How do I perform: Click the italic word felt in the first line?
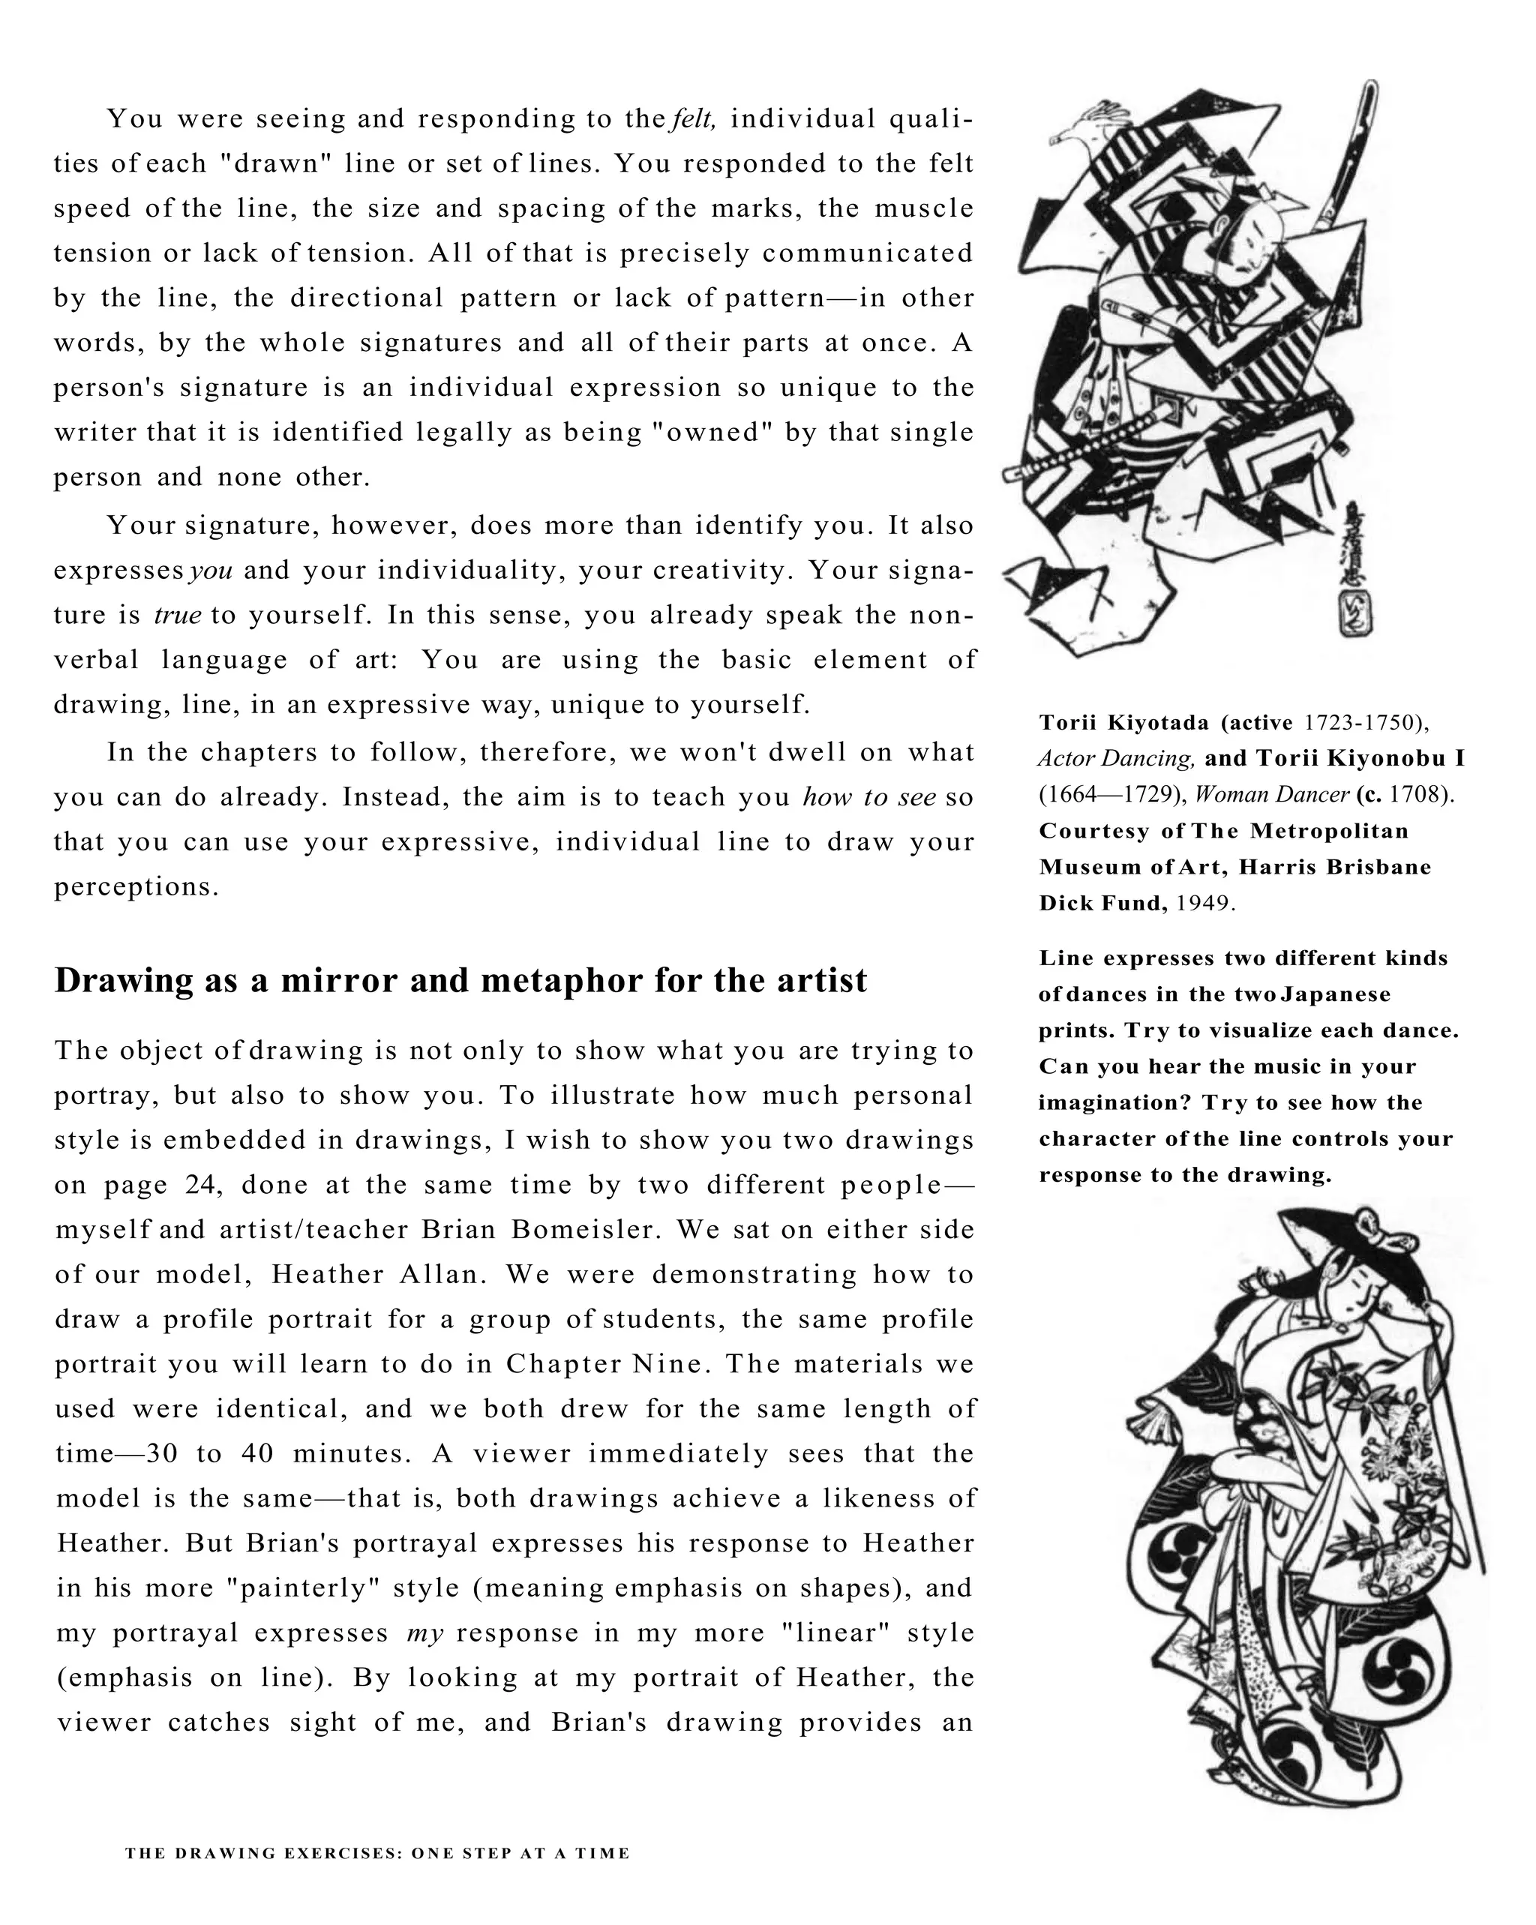(x=692, y=118)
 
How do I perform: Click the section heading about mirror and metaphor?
(x=460, y=980)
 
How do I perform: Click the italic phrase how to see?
(x=869, y=796)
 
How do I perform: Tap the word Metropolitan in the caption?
(x=1329, y=830)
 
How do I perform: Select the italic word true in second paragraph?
(x=178, y=615)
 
